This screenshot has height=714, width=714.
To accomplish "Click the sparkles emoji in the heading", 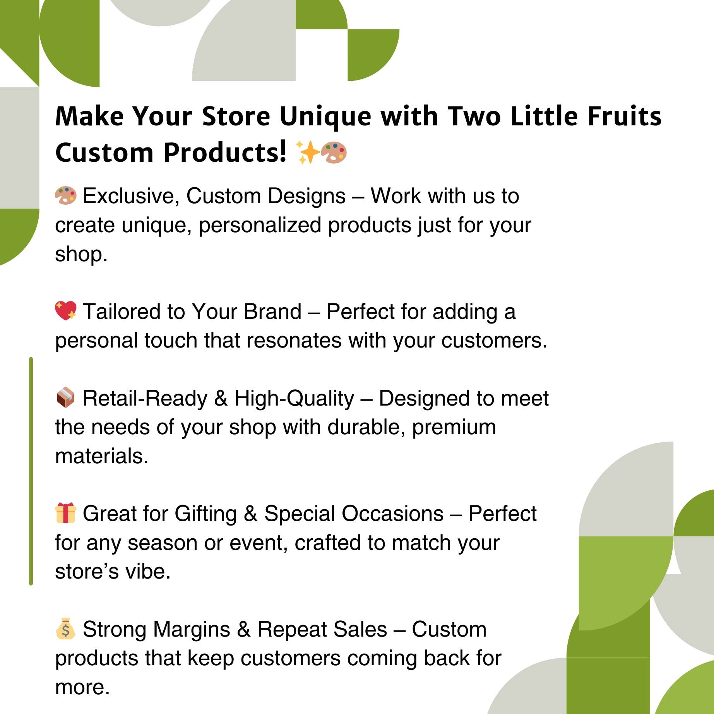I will pos(308,152).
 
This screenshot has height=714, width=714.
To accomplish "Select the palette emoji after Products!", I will pos(334,152).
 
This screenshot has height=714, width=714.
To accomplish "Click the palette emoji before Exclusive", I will pos(65,195).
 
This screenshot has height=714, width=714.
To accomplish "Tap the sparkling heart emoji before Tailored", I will pos(65,311).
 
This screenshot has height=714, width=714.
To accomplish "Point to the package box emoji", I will pos(65,397).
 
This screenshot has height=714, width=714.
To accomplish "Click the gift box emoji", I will pos(65,513).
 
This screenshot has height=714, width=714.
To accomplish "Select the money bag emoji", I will pos(65,629).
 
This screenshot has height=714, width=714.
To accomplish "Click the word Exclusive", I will pos(131,196).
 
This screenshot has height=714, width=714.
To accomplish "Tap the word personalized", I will pos(260,225).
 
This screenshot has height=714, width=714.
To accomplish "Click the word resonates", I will pos(293,341).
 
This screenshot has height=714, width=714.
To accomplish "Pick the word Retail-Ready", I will pos(145,398).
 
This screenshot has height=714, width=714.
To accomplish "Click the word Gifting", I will pos(205,514).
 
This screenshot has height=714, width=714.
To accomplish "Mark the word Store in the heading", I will pos(236,116).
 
